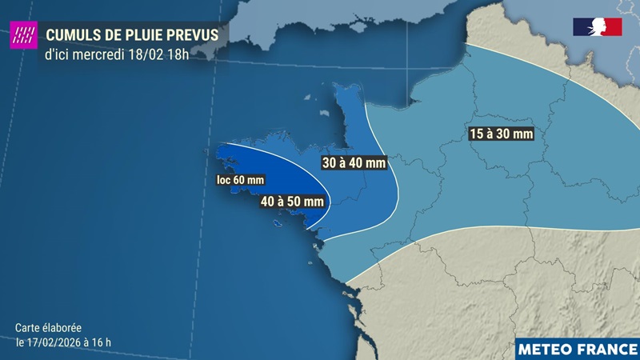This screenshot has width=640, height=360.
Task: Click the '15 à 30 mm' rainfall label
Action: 501,134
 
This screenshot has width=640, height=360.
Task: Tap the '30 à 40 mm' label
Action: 354,163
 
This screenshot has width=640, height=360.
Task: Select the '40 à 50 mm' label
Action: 292,202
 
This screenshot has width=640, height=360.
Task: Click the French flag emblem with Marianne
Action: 597,26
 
